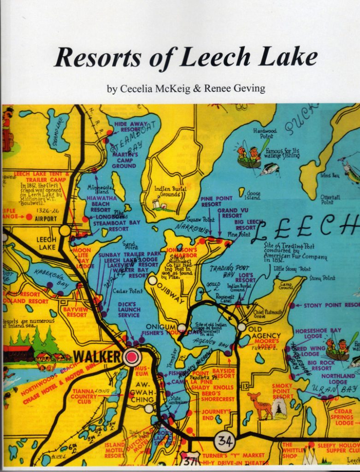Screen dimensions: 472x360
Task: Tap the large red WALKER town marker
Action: [132, 357]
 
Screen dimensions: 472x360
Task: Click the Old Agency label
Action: [261, 333]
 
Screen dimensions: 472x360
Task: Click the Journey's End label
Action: [216, 415]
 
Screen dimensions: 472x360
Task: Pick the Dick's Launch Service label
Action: [129, 309]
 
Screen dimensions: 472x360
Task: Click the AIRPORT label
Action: [46, 218]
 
